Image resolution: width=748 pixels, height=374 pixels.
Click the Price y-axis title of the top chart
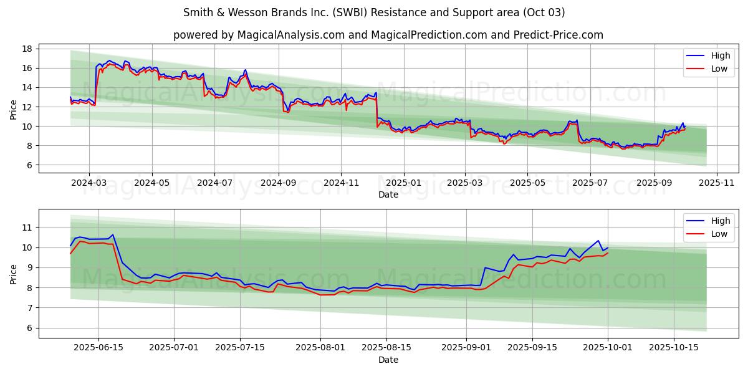point(14,110)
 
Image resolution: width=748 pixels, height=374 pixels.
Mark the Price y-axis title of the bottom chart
point(14,274)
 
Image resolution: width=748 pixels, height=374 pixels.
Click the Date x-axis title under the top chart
point(388,194)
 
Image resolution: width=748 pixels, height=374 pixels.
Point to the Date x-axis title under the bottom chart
point(388,360)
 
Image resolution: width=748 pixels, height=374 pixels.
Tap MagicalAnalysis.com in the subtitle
point(290,35)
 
